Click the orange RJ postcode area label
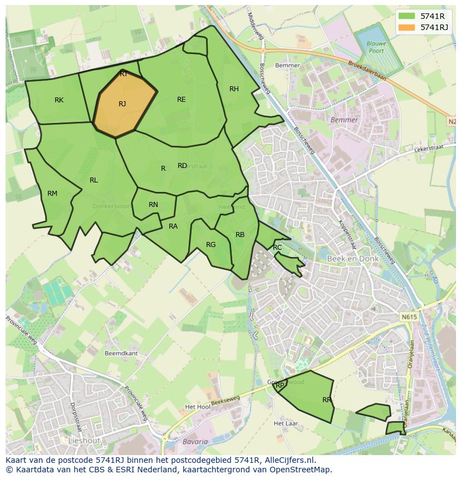click(122, 104)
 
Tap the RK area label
click(59, 100)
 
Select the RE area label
click(181, 100)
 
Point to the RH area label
click(234, 89)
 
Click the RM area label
click(52, 194)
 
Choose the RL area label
click(94, 180)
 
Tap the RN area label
click(153, 205)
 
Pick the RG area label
click(210, 245)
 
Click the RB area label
click(240, 235)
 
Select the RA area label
click(173, 226)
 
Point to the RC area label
click(277, 248)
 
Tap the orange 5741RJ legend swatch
click(407, 27)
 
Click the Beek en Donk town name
click(352, 259)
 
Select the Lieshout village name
click(84, 441)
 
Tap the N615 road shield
click(409, 317)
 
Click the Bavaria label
click(195, 442)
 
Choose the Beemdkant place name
click(121, 353)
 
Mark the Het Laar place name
click(286, 423)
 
